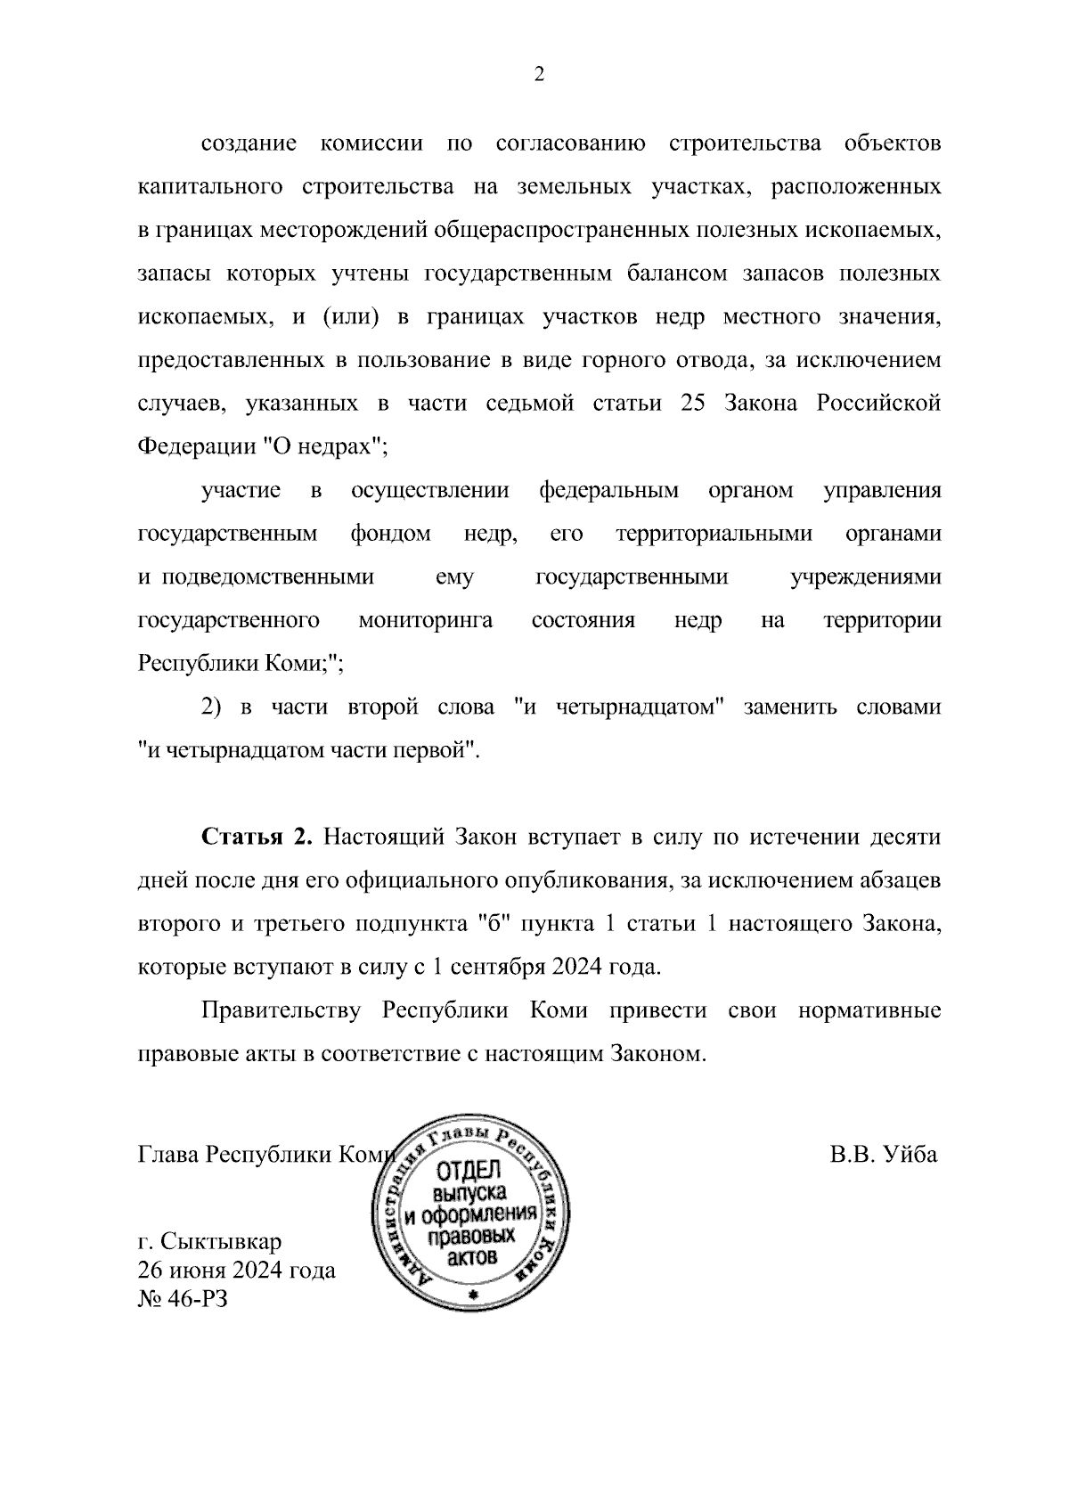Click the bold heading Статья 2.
pos(257,838)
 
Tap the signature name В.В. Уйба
pos(884,1154)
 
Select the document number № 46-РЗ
pos(183,1298)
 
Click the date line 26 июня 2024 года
pos(237,1269)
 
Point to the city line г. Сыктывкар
pos(209,1240)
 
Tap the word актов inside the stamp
pos(472,1257)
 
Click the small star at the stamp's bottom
pos(473,1293)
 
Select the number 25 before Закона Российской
pos(693,403)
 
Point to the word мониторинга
pos(425,620)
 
